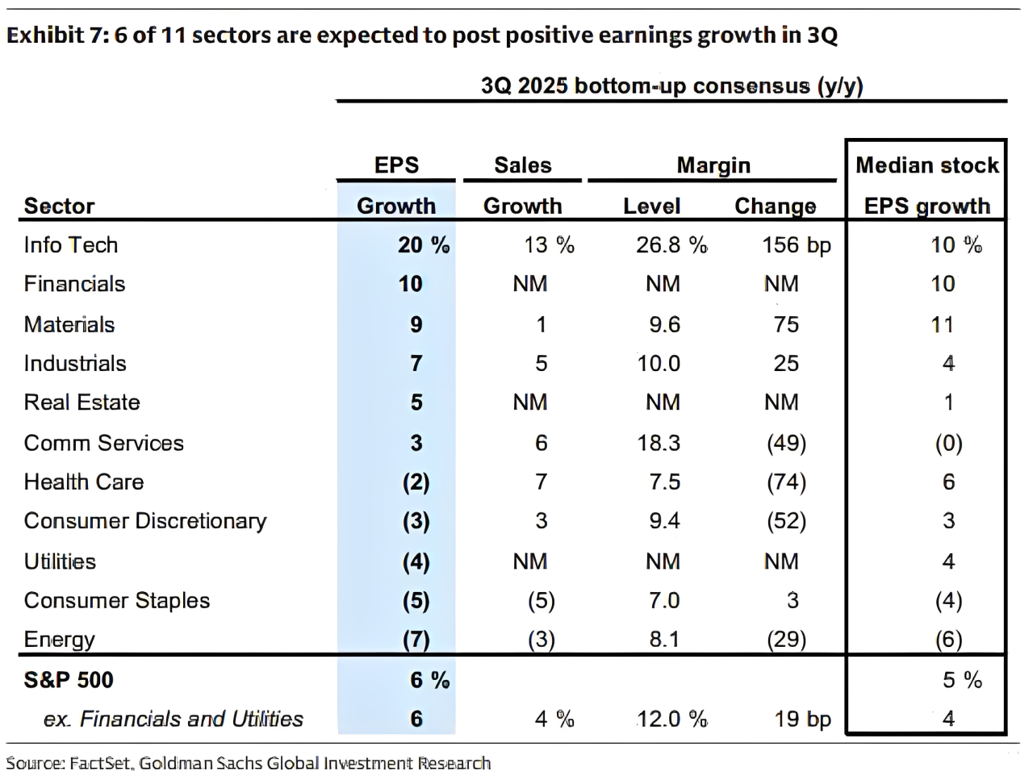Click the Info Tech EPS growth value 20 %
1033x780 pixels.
pyautogui.click(x=424, y=245)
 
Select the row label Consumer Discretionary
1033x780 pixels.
pyautogui.click(x=145, y=521)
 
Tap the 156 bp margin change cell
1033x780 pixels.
pyautogui.click(x=797, y=245)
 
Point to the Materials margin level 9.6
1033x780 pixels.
pyautogui.click(x=664, y=324)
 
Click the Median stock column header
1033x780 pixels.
pyautogui.click(x=926, y=165)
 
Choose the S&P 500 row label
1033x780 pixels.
pyautogui.click(x=69, y=680)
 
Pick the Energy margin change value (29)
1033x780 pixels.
pyautogui.click(x=786, y=640)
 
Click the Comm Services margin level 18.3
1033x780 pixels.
pyautogui.click(x=659, y=443)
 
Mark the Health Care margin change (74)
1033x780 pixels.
pyautogui.click(x=786, y=482)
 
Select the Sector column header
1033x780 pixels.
pyautogui.click(x=59, y=206)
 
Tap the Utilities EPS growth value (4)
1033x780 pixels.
pyautogui.click(x=416, y=561)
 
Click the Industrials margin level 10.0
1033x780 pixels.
pyautogui.click(x=659, y=364)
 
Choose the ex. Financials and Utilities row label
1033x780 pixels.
pyautogui.click(x=174, y=719)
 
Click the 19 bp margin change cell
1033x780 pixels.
pyautogui.click(x=802, y=719)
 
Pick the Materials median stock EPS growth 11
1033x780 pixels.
pyautogui.click(x=943, y=324)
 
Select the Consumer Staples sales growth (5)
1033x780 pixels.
pyautogui.click(x=542, y=600)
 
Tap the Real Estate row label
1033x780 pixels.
pyautogui.click(x=82, y=403)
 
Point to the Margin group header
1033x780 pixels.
pyautogui.click(x=713, y=165)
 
